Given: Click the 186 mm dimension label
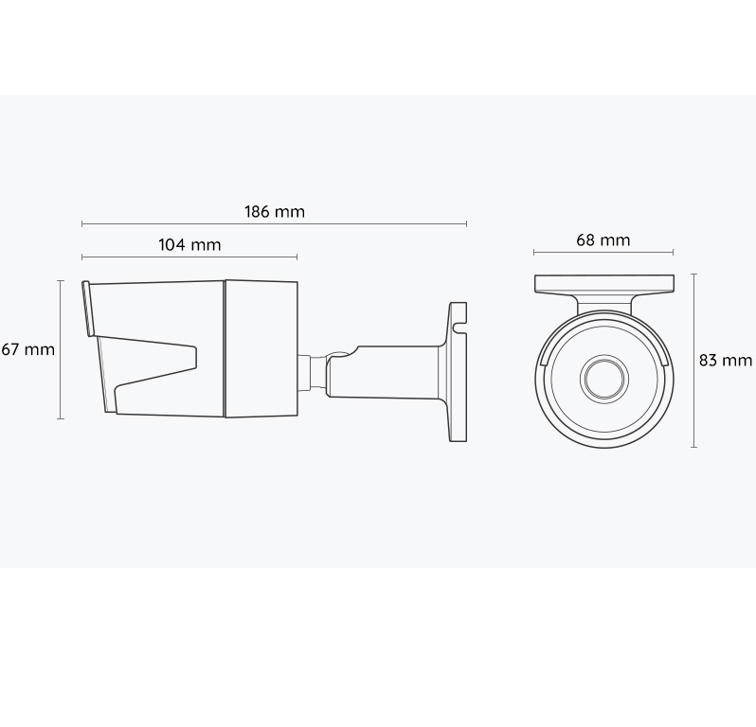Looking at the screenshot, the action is point(275,212).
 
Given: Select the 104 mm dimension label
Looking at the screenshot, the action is point(190,245).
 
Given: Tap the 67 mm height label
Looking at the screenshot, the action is point(27,349).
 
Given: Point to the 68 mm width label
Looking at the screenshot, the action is point(603,239).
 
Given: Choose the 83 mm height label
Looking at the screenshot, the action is point(726,360).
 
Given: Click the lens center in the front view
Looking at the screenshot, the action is point(604,379).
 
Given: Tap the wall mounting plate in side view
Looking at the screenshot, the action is point(458,372).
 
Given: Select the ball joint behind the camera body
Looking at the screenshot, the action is point(337,357).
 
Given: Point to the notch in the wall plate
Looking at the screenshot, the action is point(460,328).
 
